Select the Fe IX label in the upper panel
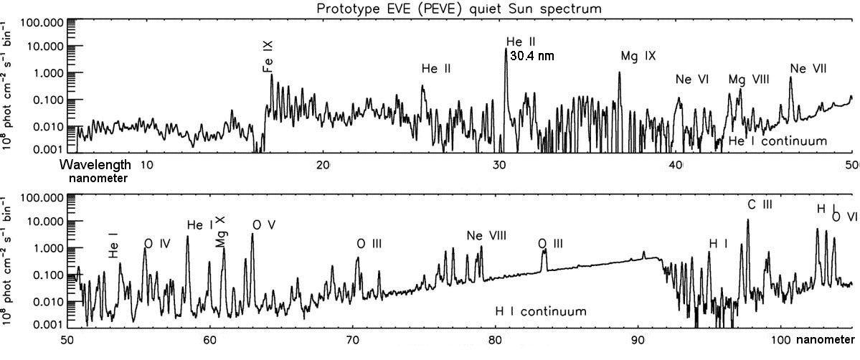(268, 57)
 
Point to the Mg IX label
(638, 56)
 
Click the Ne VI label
(692, 80)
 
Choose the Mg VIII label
(749, 80)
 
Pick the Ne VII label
(808, 69)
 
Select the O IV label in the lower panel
(156, 244)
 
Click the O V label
(264, 225)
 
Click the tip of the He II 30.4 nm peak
(506, 49)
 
